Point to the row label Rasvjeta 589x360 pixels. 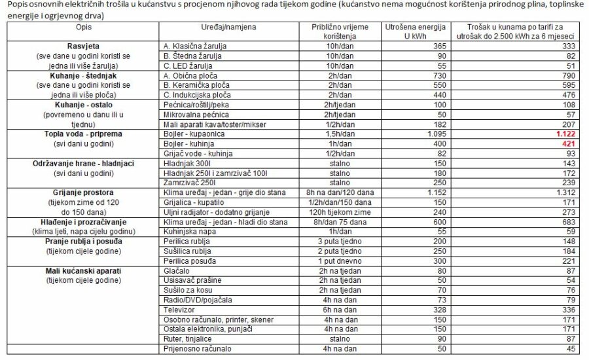coord(84,46)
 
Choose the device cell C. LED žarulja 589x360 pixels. coord(190,66)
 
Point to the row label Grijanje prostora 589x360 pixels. coord(84,193)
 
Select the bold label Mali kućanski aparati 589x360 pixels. coord(84,270)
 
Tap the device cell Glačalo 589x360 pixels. coord(177,270)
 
